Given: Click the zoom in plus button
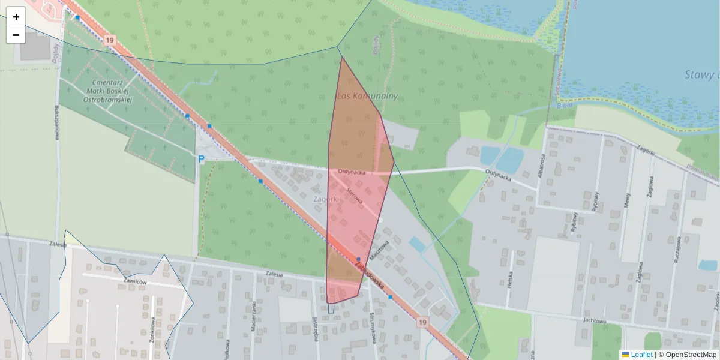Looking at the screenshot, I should [16, 17].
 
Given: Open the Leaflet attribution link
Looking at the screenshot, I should [641, 355].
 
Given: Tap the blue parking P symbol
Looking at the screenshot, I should [202, 159].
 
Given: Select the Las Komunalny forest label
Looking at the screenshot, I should [368, 96].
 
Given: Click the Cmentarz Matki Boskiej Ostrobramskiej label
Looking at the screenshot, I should [107, 91].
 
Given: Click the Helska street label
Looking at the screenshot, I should [510, 279].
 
